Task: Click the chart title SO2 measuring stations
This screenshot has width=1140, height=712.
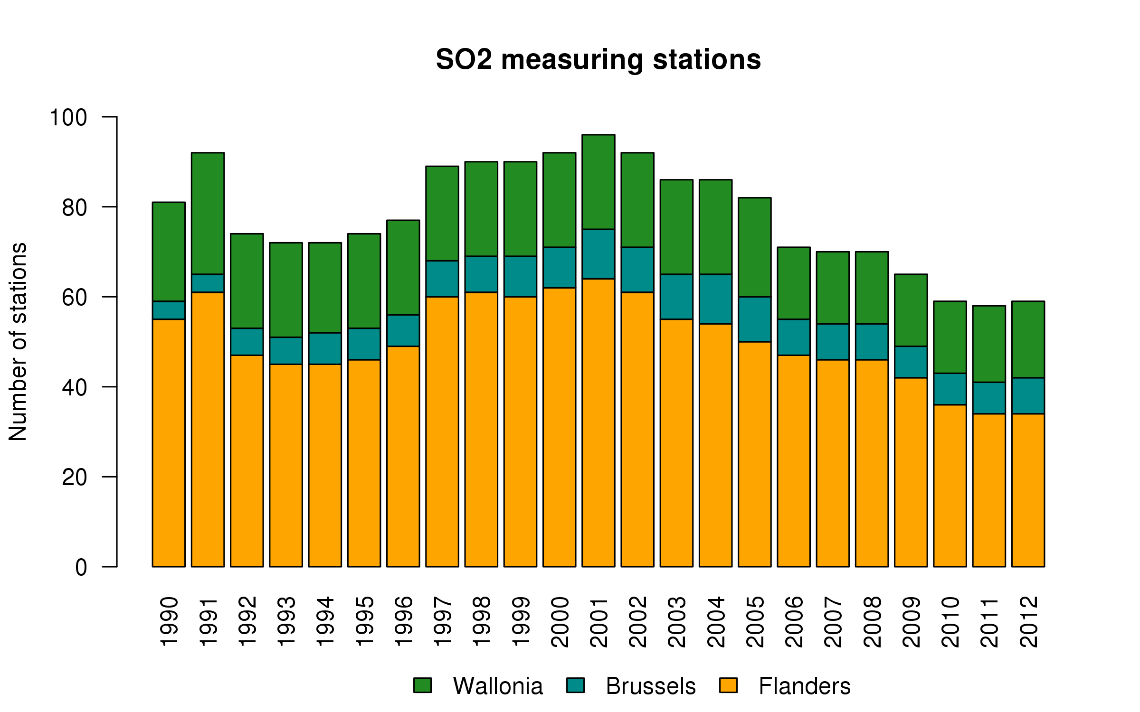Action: point(598,60)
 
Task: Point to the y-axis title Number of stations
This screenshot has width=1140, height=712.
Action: point(18,342)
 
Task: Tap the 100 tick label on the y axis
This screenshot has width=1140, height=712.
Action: point(68,117)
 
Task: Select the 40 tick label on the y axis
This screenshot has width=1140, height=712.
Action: point(75,387)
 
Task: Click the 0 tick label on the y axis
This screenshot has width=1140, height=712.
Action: point(81,567)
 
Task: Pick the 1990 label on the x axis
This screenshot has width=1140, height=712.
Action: point(169,622)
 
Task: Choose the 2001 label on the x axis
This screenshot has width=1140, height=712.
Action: point(598,622)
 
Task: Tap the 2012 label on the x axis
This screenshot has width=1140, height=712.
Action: point(1028,622)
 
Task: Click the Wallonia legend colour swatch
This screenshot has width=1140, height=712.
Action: point(422,685)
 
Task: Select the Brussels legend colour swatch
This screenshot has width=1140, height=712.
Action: point(575,685)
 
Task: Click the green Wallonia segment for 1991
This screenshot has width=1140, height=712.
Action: point(208,214)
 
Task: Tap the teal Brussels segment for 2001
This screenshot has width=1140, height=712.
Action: point(598,254)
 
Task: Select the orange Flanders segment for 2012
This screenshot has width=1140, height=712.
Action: point(1028,490)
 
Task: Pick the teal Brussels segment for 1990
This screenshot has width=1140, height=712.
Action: point(169,310)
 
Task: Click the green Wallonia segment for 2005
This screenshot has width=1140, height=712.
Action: point(755,247)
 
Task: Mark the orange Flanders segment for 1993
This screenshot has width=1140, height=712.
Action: point(286,465)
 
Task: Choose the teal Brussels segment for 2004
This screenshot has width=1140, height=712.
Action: point(716,299)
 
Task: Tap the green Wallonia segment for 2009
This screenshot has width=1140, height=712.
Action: point(911,310)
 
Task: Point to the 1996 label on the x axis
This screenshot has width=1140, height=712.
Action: point(403,622)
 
